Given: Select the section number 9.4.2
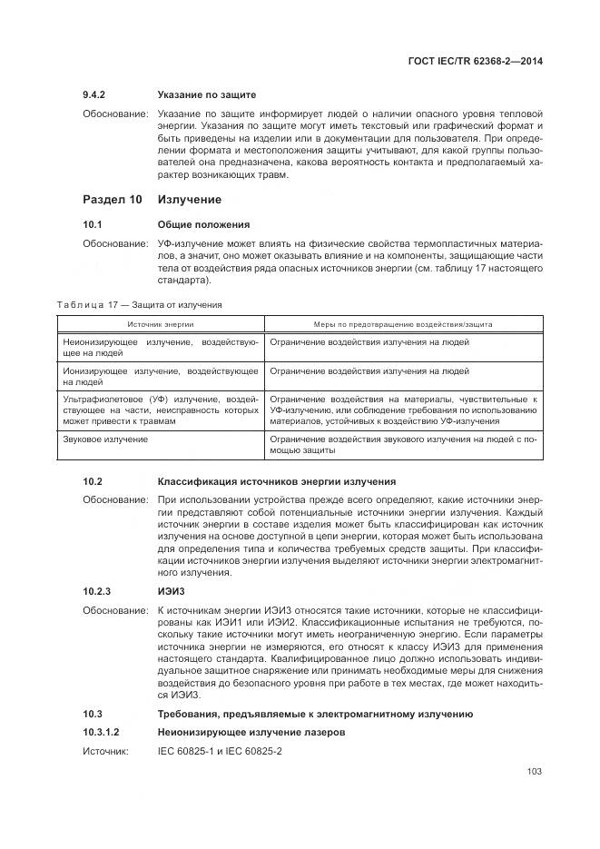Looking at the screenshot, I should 95,94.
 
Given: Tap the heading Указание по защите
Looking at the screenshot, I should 206,94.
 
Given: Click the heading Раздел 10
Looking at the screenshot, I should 113,199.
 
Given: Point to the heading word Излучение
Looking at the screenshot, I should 190,199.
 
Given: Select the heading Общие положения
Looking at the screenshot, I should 203,224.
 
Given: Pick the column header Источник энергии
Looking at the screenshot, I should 161,323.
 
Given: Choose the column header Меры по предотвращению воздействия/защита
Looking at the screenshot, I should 403,323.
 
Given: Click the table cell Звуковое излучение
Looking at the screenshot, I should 105,439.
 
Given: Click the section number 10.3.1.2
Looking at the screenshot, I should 102,731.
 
